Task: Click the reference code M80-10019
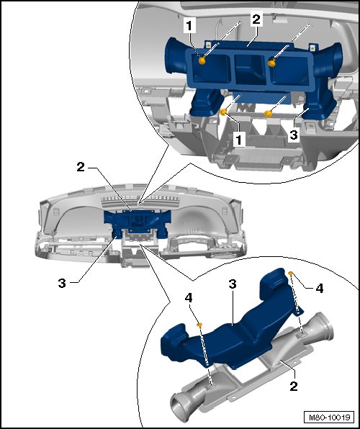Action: pyautogui.click(x=329, y=417)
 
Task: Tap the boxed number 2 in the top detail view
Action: pyautogui.click(x=256, y=19)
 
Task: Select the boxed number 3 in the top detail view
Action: pyautogui.click(x=294, y=135)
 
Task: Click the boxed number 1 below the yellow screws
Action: pyautogui.click(x=239, y=140)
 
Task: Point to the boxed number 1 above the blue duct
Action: pyautogui.click(x=189, y=26)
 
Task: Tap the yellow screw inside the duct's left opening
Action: pyautogui.click(x=202, y=60)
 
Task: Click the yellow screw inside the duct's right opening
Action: pyautogui.click(x=272, y=63)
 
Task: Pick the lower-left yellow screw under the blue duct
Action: pyautogui.click(x=224, y=112)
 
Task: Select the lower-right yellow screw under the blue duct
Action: pyautogui.click(x=268, y=113)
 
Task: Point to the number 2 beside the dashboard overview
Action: pyautogui.click(x=81, y=167)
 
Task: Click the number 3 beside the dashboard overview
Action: pyautogui.click(x=62, y=283)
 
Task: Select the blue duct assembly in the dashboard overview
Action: pyautogui.click(x=137, y=224)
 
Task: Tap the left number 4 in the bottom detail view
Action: pyautogui.click(x=189, y=298)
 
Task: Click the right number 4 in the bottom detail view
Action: pyautogui.click(x=320, y=289)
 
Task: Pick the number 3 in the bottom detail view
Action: pyautogui.click(x=233, y=284)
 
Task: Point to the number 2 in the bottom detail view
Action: pyautogui.click(x=294, y=387)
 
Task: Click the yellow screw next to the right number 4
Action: pyautogui.click(x=291, y=273)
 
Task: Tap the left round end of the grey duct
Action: pyautogui.click(x=179, y=402)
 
